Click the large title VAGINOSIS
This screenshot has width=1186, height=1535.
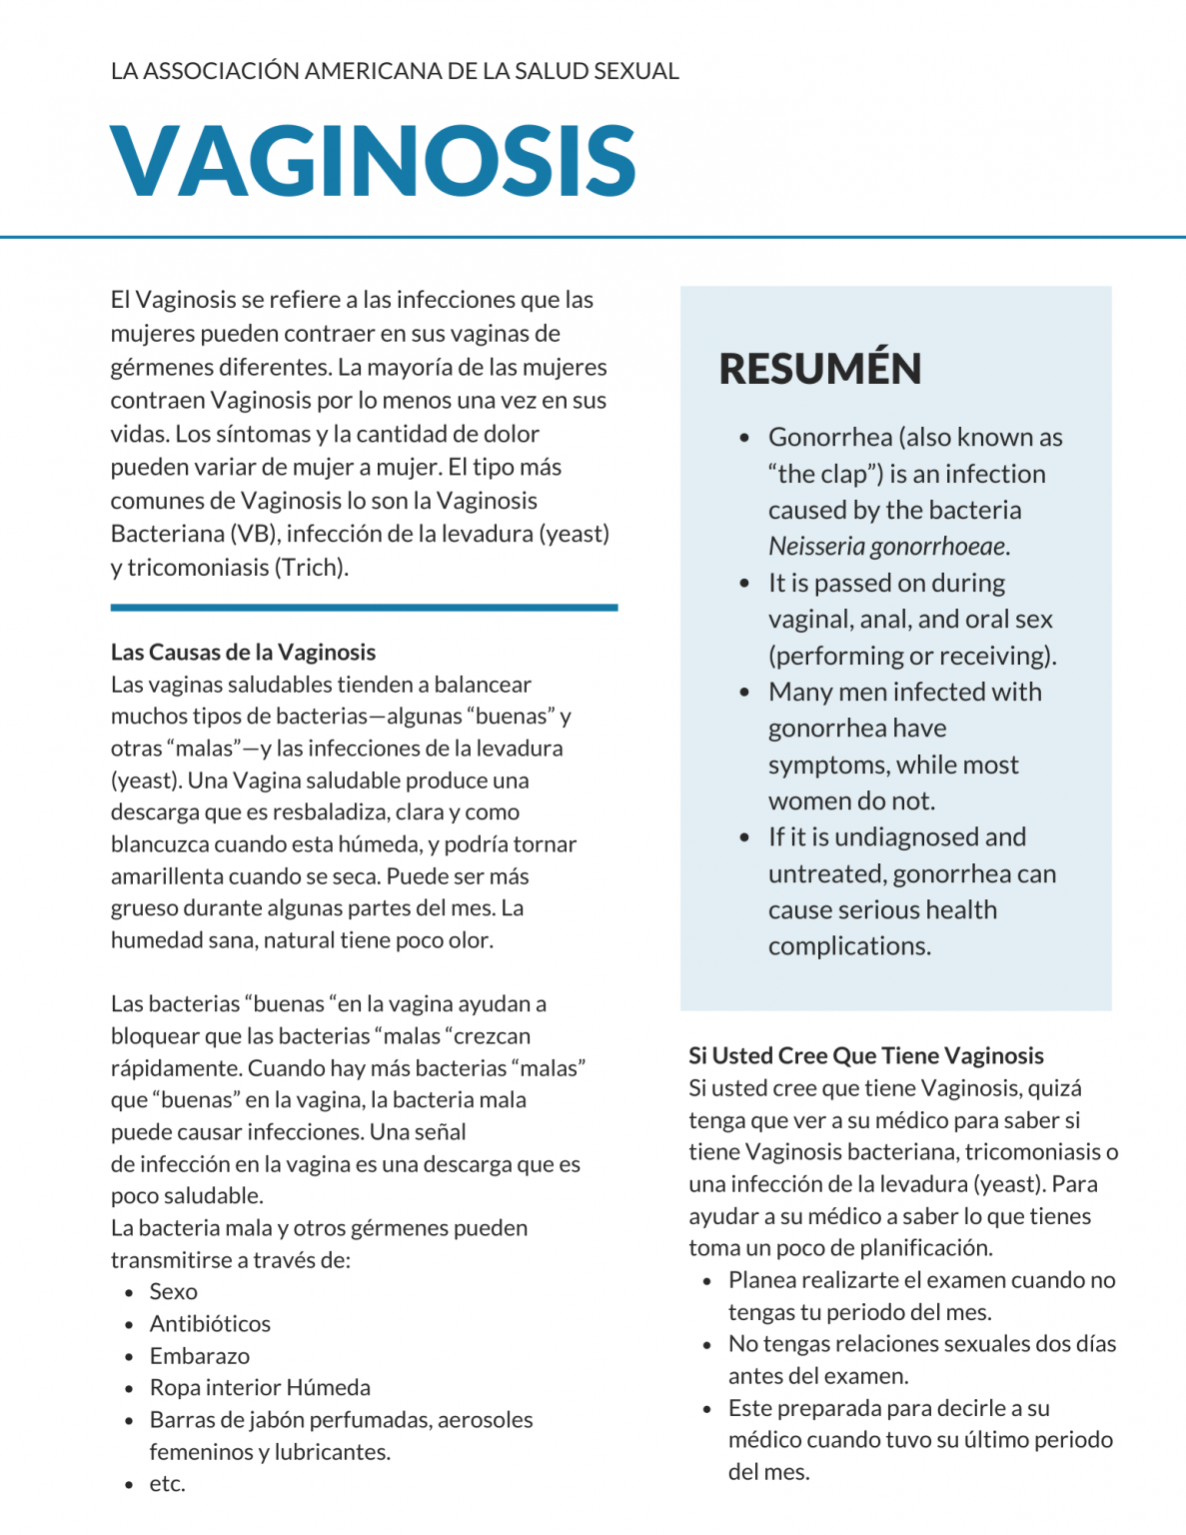pyautogui.click(x=373, y=161)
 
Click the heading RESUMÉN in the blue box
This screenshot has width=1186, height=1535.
pyautogui.click(x=819, y=369)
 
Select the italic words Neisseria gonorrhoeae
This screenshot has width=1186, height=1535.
pyautogui.click(x=887, y=547)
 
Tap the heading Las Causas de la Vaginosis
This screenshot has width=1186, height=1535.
pyautogui.click(x=243, y=653)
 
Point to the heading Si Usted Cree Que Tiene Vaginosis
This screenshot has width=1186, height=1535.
pyautogui.click(x=865, y=1056)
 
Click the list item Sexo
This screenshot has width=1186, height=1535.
pyautogui.click(x=174, y=1292)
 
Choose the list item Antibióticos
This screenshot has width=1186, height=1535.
pyautogui.click(x=210, y=1324)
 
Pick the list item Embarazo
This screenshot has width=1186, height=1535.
pyautogui.click(x=200, y=1356)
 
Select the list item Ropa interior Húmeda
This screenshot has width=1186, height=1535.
pyautogui.click(x=260, y=1388)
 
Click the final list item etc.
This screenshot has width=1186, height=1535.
pyautogui.click(x=167, y=1484)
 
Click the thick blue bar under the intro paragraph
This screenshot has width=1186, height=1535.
pyautogui.click(x=364, y=607)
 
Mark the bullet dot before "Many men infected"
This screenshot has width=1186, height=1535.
pyautogui.click(x=744, y=693)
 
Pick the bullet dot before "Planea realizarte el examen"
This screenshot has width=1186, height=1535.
pyautogui.click(x=707, y=1281)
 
